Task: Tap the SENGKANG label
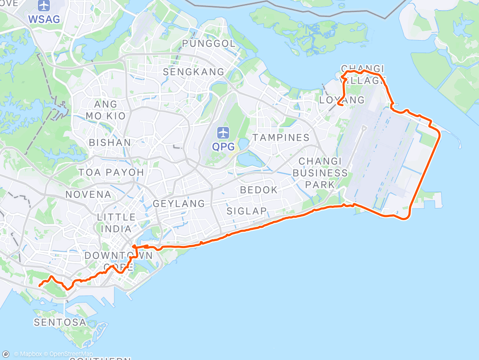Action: pos(194,72)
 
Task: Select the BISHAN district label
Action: pos(110,143)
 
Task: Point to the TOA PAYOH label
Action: pos(111,172)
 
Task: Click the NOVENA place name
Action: pos(88,194)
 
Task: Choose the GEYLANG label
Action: pos(179,204)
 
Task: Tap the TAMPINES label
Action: pos(281,138)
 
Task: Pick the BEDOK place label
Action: pos(259,190)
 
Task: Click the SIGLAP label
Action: pos(246,211)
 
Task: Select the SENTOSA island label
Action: pos(60,322)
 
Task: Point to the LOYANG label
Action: pos(342,100)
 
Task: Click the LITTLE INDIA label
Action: pos(116,223)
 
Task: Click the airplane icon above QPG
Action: pos(223,132)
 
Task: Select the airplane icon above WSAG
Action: pos(44,6)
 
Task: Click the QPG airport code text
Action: pos(223,146)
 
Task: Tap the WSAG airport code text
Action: pos(44,19)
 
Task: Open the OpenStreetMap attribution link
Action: pos(65,354)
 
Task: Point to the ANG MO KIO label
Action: pos(106,110)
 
